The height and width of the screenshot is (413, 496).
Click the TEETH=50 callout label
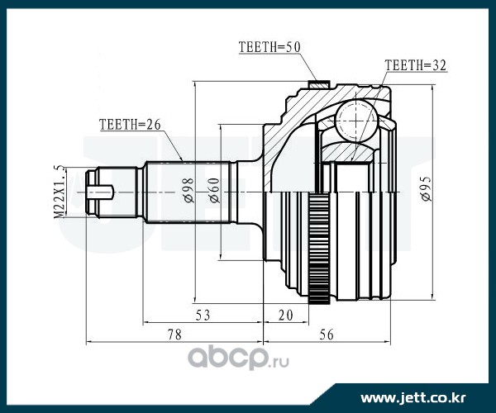pos(269,47)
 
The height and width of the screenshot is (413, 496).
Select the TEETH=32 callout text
pos(415,65)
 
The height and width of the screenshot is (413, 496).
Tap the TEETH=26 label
pos(130,125)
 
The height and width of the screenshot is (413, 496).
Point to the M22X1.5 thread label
pos(61,191)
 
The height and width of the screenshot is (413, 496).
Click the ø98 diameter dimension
pos(188,190)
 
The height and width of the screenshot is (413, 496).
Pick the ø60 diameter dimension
pos(214,190)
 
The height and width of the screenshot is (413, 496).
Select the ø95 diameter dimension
pos(426,189)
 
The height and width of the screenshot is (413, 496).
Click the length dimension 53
pos(203,315)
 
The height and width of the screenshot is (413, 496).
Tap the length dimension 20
pos(286,315)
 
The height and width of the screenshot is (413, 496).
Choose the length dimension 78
pos(174,335)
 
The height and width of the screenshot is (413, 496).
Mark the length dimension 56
pos(327,335)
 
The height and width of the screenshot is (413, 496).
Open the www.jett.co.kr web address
pos(413,398)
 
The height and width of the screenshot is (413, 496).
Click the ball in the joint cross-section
pos(357,121)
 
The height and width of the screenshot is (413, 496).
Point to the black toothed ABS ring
pos(319,249)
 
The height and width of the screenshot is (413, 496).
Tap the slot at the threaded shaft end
pos(101,192)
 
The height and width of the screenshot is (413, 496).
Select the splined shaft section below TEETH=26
pos(187,192)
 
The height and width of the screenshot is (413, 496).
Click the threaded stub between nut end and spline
pos(117,192)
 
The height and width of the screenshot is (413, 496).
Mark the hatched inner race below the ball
pos(347,152)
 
